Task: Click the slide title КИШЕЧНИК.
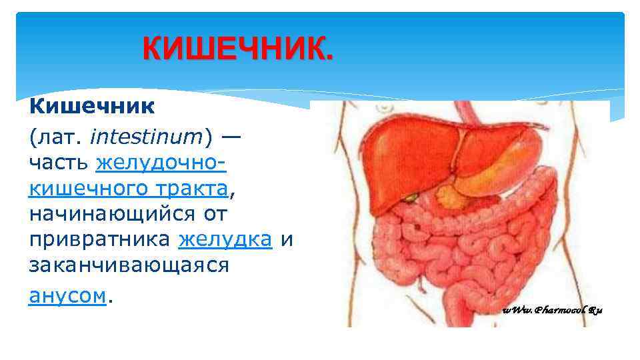236,49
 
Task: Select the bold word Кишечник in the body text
91,107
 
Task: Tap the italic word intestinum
145,137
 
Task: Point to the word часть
59,163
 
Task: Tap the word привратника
100,240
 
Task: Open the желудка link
225,240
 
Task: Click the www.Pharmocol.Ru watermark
553,310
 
